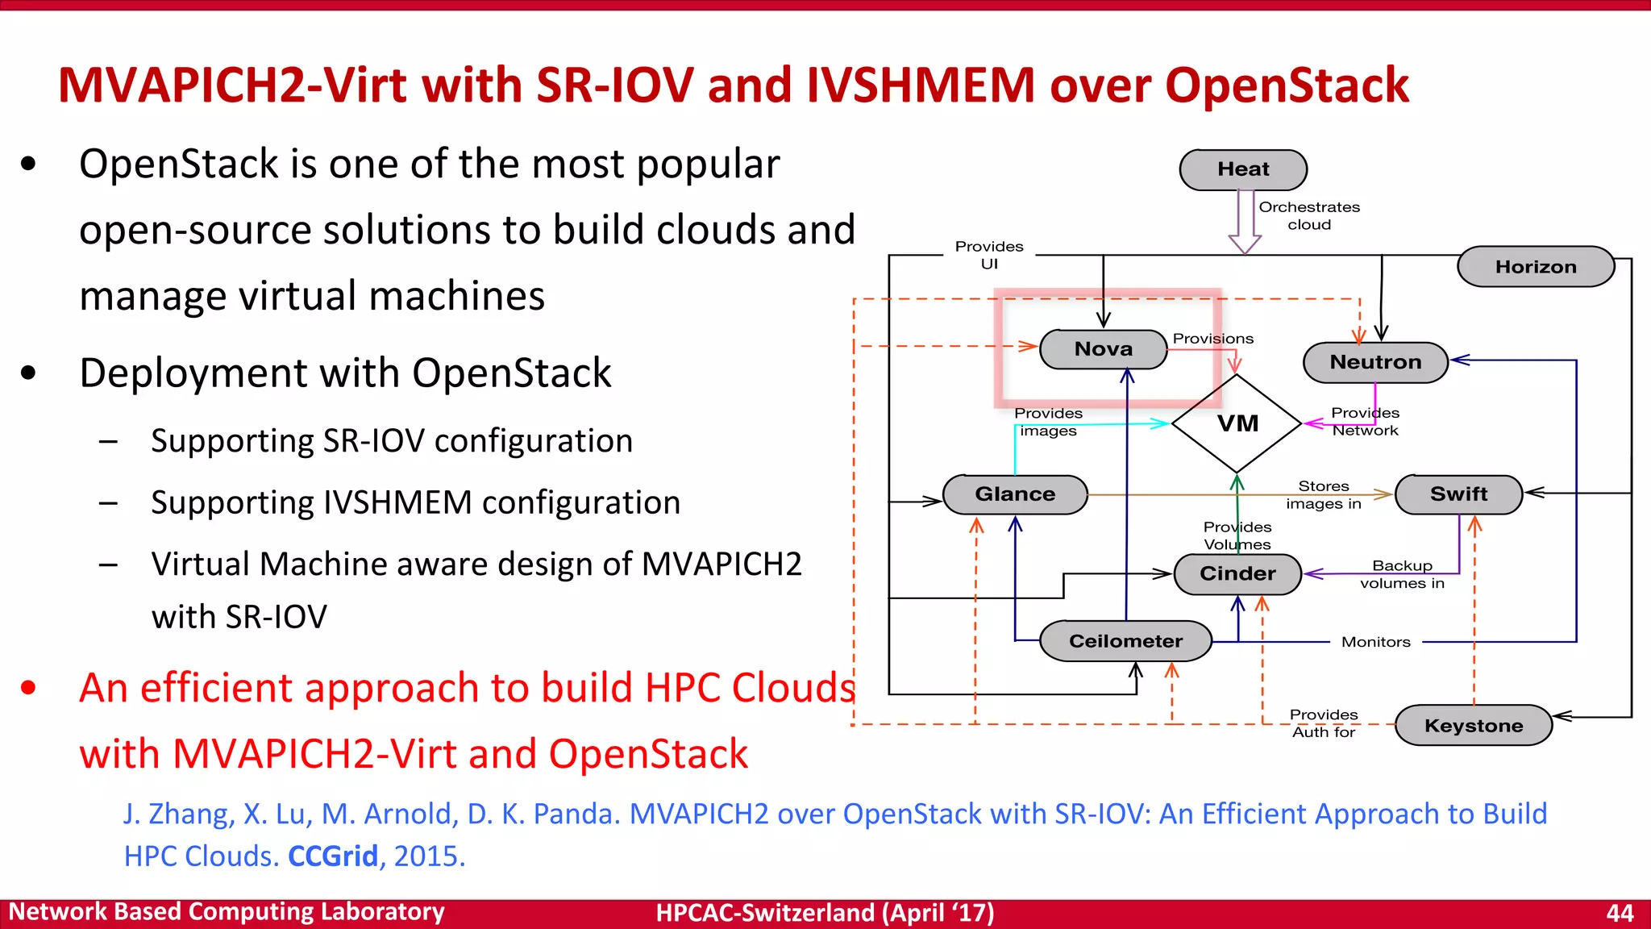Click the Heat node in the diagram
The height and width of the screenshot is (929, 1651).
pyautogui.click(x=1243, y=169)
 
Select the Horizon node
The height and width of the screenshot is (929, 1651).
pyautogui.click(x=1536, y=267)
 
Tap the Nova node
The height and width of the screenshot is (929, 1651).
pyautogui.click(x=1103, y=349)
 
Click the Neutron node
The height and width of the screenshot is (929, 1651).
pyautogui.click(x=1375, y=362)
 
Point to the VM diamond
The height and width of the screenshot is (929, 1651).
pyautogui.click(x=1237, y=423)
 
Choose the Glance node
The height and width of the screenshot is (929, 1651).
pyautogui.click(x=1015, y=494)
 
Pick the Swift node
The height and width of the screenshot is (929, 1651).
pyautogui.click(x=1458, y=494)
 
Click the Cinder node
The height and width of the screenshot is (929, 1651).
pyautogui.click(x=1237, y=574)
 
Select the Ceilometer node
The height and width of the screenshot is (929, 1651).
pyautogui.click(x=1125, y=641)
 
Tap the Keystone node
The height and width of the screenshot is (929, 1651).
pyautogui.click(x=1474, y=726)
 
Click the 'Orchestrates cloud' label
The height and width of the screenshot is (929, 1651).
pyautogui.click(x=1309, y=216)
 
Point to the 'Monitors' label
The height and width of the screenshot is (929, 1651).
pyautogui.click(x=1375, y=642)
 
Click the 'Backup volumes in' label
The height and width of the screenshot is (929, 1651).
pyautogui.click(x=1402, y=574)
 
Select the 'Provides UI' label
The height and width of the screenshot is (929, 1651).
pyautogui.click(x=989, y=255)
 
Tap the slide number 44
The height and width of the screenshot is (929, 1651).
pyautogui.click(x=1619, y=913)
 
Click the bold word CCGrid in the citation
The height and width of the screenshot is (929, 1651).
pyautogui.click(x=333, y=856)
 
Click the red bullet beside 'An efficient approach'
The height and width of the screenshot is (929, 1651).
pyautogui.click(x=29, y=688)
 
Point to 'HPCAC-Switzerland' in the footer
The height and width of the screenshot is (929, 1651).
pyautogui.click(x=765, y=913)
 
